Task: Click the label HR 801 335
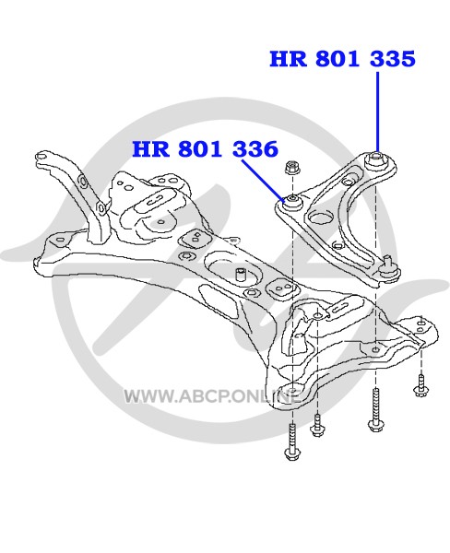tap(342, 59)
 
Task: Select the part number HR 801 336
tap(205, 148)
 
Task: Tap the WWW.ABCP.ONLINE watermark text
tap(212, 396)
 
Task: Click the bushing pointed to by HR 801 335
tap(376, 160)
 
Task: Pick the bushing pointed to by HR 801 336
tap(292, 202)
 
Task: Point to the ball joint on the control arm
tap(389, 269)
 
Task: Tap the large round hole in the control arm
tap(321, 217)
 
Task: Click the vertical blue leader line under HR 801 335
tap(378, 112)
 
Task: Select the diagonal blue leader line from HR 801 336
tap(264, 180)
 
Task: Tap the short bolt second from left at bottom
tap(317, 425)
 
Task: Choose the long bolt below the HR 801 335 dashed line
tap(375, 409)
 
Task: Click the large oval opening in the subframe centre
tap(233, 272)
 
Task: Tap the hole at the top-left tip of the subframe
tap(41, 156)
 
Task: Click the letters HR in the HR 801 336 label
tap(150, 148)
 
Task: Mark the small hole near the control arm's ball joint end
tap(337, 245)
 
